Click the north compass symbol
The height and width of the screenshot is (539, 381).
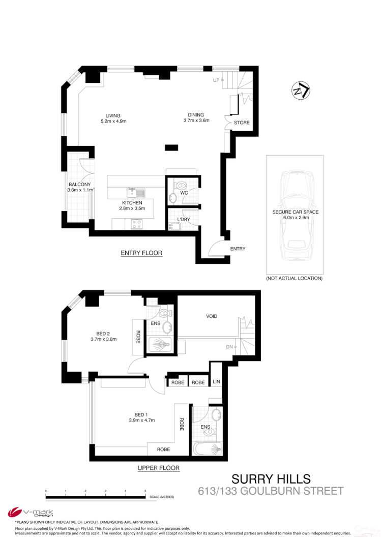click(301, 91)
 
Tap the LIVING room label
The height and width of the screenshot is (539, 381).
click(113, 118)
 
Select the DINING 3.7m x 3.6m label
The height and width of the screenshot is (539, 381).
click(196, 117)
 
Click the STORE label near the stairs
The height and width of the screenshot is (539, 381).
click(242, 123)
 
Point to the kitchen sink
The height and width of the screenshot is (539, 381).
click(136, 192)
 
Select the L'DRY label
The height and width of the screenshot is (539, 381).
click(184, 220)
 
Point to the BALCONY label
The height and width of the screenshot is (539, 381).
click(80, 187)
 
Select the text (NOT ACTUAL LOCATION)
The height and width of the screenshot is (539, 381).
click(294, 279)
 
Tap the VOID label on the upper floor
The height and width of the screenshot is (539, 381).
click(212, 316)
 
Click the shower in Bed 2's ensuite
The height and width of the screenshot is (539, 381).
click(160, 345)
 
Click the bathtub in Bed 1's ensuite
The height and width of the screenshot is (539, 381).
click(208, 450)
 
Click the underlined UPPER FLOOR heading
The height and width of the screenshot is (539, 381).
click(159, 468)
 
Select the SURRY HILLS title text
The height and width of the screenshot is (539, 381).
click(271, 479)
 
